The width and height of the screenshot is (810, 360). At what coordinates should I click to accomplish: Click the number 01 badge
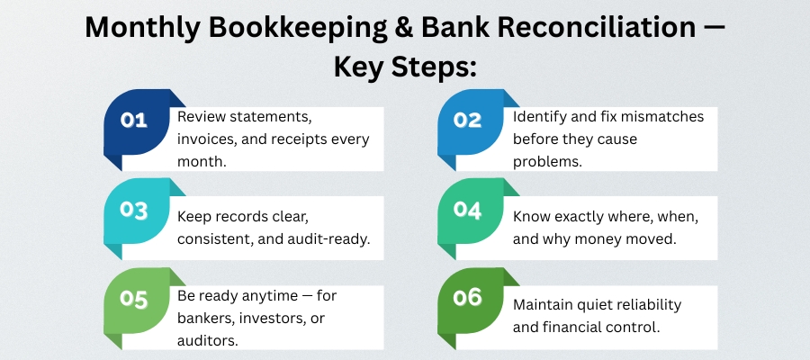pos(134,121)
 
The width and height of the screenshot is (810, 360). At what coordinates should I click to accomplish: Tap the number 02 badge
pos(469,121)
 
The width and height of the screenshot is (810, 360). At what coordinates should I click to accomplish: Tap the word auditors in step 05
pos(205,340)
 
